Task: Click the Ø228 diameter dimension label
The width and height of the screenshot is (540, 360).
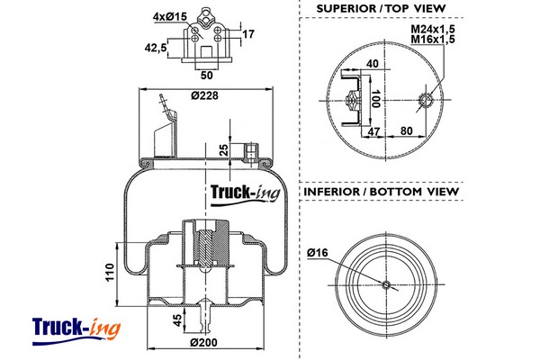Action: coord(206,97)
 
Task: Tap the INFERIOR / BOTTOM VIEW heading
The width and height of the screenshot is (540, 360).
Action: coord(382,192)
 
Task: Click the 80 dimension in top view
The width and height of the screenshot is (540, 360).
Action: coord(408,131)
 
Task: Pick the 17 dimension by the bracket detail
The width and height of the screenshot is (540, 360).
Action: coord(249,34)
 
